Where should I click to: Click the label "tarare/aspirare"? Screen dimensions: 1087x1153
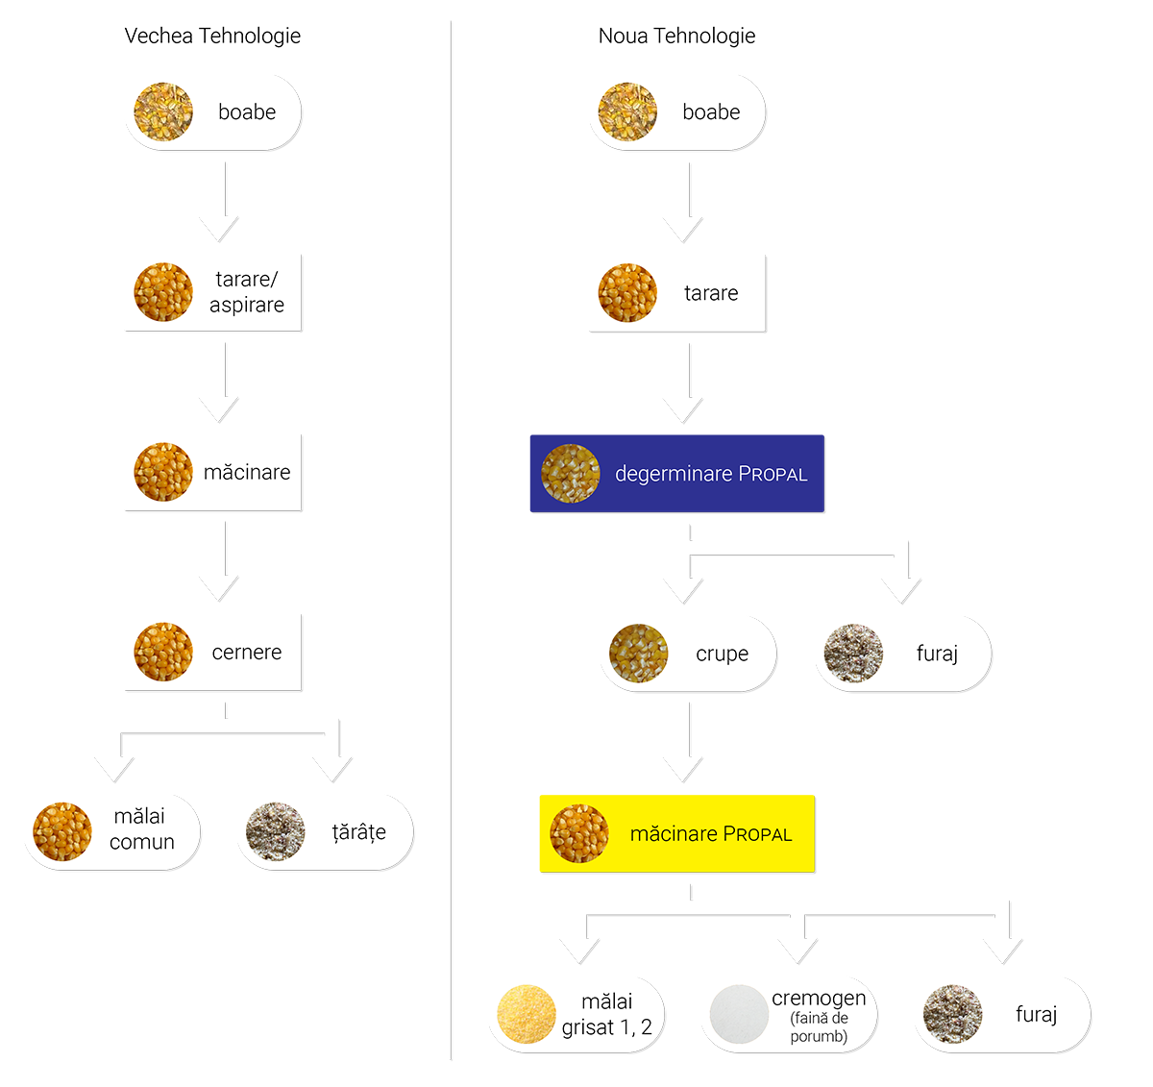click(x=247, y=292)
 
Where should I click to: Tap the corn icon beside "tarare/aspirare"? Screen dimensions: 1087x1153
click(x=163, y=292)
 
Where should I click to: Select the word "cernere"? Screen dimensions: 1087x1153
click(x=247, y=653)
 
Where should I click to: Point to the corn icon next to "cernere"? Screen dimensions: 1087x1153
click(x=163, y=653)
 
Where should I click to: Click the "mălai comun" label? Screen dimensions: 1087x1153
click(x=141, y=829)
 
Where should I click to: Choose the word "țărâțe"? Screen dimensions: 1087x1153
click(x=359, y=832)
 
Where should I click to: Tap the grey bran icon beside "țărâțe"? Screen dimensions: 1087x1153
click(x=276, y=832)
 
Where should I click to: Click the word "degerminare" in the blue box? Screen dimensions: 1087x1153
click(x=674, y=474)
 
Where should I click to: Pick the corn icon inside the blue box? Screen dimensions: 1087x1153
click(x=571, y=474)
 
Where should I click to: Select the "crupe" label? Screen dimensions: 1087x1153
click(x=722, y=655)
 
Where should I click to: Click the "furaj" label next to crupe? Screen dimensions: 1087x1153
click(x=937, y=655)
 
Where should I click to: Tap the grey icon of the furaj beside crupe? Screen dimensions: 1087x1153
click(x=853, y=654)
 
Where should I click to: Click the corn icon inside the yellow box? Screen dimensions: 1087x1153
click(x=579, y=833)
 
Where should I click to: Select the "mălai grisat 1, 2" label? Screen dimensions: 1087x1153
click(x=607, y=1015)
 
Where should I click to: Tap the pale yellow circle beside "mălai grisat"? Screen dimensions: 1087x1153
click(x=527, y=1016)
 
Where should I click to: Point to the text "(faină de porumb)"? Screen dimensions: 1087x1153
click(x=819, y=1027)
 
